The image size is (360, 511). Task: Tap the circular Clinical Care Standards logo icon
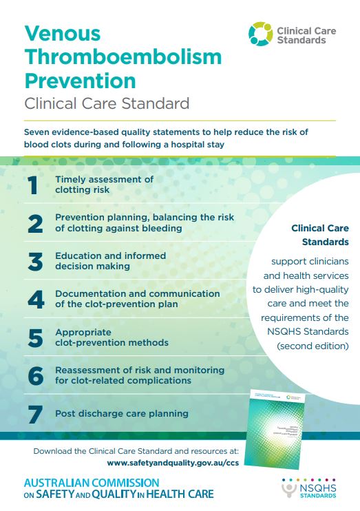[260, 34]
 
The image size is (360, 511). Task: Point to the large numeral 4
[34, 299]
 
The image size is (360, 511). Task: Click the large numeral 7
[34, 414]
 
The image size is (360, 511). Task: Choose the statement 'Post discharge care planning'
[122, 414]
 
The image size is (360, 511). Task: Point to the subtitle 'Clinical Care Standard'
[107, 105]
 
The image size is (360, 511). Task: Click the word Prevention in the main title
[80, 81]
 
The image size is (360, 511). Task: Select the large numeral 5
[34, 337]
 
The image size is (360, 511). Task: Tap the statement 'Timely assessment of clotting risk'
[104, 184]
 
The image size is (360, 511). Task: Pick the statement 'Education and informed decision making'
[110, 260]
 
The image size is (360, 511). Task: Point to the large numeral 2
[34, 222]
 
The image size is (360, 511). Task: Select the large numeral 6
[34, 375]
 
